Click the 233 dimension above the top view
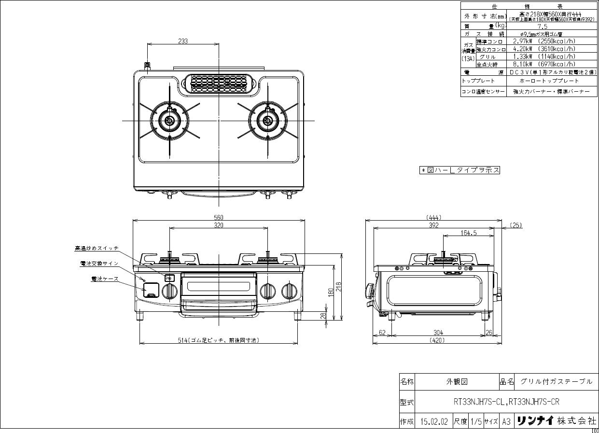click(x=182, y=41)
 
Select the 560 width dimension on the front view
click(x=219, y=217)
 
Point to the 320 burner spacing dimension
click(x=219, y=225)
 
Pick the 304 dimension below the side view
click(x=438, y=333)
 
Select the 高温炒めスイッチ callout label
click(x=97, y=248)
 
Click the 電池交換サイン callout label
click(x=99, y=264)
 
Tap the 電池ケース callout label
click(x=105, y=279)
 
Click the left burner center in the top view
click(x=169, y=120)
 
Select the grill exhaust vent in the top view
click(x=219, y=83)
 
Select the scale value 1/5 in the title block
click(x=475, y=421)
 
